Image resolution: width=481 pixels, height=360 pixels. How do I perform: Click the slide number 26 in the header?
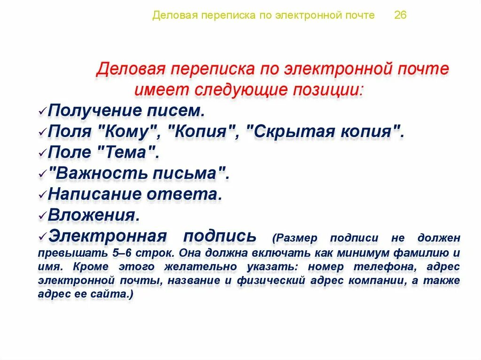point(400,15)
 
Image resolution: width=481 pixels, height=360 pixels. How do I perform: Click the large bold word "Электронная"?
point(107,236)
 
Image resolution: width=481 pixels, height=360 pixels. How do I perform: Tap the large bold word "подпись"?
point(220,236)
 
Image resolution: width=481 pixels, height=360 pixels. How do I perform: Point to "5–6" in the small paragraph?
point(122,253)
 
